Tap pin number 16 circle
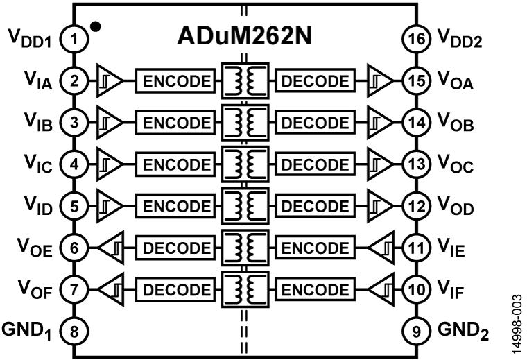[416, 40]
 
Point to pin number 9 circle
[416, 331]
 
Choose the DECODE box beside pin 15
[316, 81]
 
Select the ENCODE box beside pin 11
[316, 248]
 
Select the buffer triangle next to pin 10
[381, 289]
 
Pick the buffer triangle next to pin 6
[111, 248]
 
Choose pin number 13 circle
[416, 164]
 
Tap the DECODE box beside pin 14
[316, 123]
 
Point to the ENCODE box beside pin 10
[316, 289]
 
